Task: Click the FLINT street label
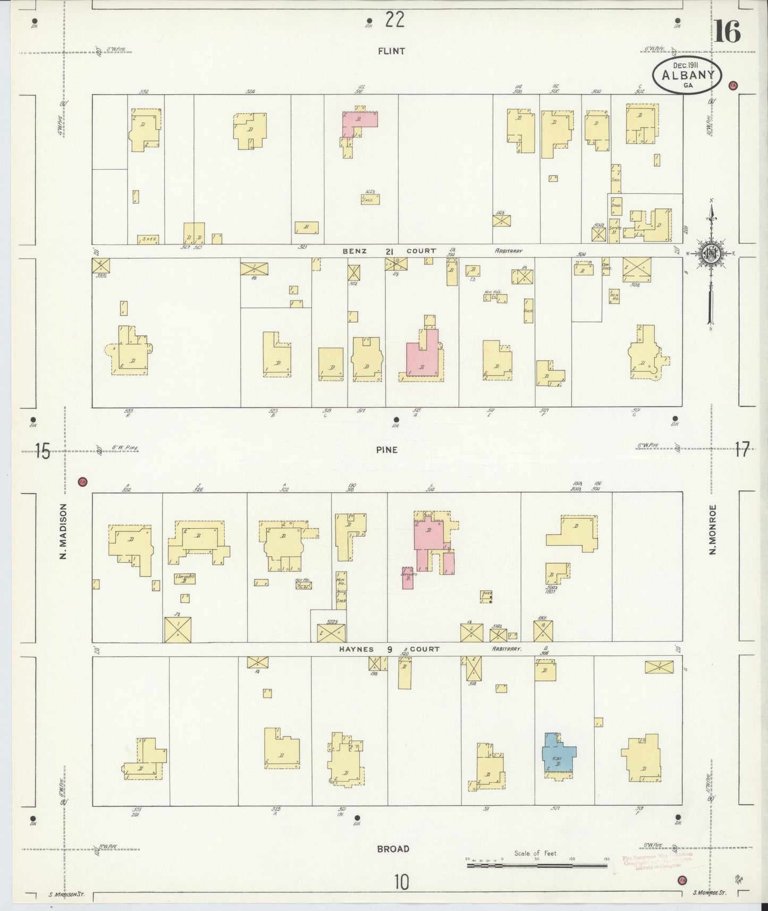coord(391,51)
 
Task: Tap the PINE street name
coord(386,450)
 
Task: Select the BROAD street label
coord(393,849)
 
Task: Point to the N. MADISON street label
coord(63,531)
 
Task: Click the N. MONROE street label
coord(712,529)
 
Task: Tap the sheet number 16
coord(727,33)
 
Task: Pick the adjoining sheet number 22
coord(395,20)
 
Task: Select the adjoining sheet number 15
coord(42,452)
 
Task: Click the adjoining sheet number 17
coord(742,450)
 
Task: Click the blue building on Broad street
coord(558,752)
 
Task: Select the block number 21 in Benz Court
coord(389,251)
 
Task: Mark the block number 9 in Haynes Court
coord(389,649)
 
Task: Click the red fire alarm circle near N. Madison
coord(82,482)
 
